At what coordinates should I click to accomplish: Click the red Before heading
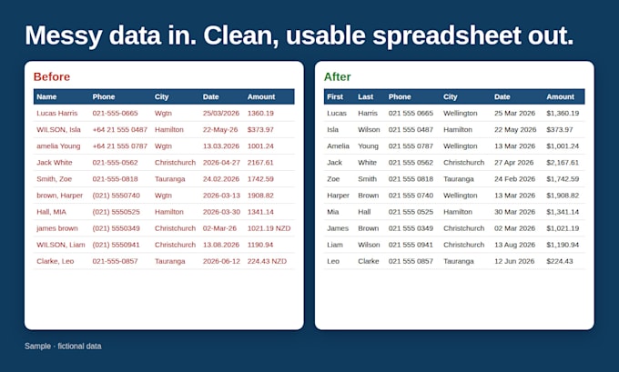click(52, 76)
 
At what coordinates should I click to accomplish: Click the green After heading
click(338, 76)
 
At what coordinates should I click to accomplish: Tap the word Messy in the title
click(64, 35)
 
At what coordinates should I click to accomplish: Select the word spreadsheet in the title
click(447, 35)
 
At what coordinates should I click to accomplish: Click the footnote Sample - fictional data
click(63, 346)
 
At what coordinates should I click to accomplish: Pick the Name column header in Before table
click(46, 96)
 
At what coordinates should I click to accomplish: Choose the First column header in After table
click(335, 96)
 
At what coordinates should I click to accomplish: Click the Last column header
click(366, 96)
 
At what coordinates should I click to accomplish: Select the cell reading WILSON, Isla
click(59, 129)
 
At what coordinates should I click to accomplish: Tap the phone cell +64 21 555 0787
click(120, 146)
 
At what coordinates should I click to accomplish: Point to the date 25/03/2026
click(221, 113)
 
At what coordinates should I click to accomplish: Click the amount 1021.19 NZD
click(269, 228)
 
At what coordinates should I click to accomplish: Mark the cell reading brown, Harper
click(59, 196)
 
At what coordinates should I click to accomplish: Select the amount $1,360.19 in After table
click(563, 113)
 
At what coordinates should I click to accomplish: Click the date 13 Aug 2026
click(515, 245)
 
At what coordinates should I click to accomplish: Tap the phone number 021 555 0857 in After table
click(411, 261)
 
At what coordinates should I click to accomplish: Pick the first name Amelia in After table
click(339, 146)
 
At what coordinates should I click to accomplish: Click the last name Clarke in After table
click(369, 261)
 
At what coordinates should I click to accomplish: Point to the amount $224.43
click(560, 261)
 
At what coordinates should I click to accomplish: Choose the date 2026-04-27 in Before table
click(221, 163)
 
